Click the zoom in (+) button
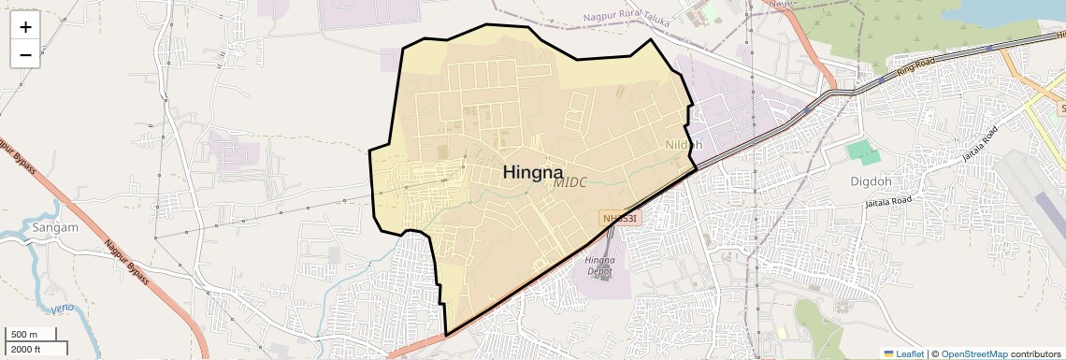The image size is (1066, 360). (x=25, y=27)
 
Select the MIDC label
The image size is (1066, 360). (x=569, y=183)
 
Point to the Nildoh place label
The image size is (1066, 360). (x=683, y=145)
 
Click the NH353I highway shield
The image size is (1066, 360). (x=620, y=218)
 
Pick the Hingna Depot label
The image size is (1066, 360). (x=598, y=266)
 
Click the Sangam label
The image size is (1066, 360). (x=54, y=227)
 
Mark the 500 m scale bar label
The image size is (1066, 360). (x=24, y=335)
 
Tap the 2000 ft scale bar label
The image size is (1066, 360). (x=26, y=349)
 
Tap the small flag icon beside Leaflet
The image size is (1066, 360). (x=888, y=353)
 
